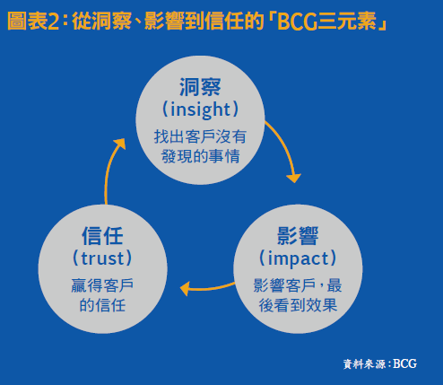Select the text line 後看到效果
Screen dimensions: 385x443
[297, 305]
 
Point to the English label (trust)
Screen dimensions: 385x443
[102, 259]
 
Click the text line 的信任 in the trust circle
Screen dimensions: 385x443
[102, 305]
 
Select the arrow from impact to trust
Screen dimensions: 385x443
[206, 288]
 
